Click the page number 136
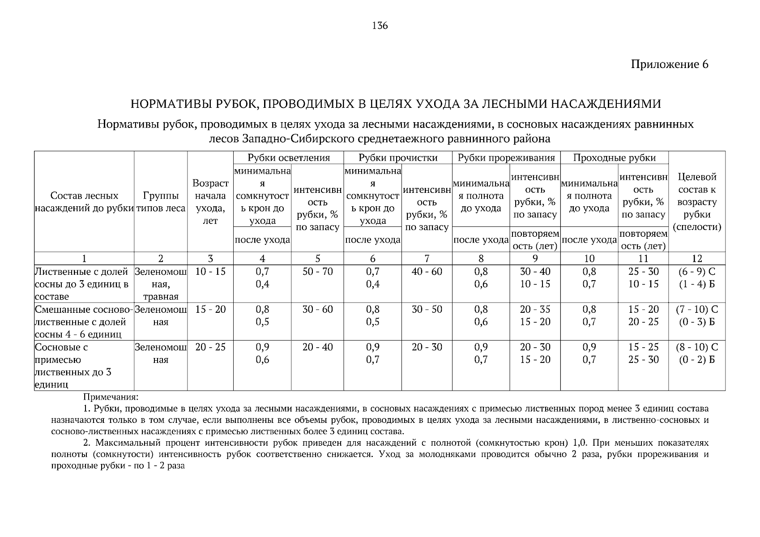pos(380,26)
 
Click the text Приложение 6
pos(669,64)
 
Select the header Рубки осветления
pos(288,158)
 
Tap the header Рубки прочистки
pos(398,158)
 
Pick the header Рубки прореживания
pos(506,158)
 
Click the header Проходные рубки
pos(614,158)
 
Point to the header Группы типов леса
pos(161,202)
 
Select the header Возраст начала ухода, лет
pos(210,202)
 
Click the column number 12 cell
pos(696,258)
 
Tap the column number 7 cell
pos(427,258)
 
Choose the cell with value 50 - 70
pos(317,272)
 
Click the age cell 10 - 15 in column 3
pos(210,272)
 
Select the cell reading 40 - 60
pos(427,272)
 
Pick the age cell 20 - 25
pos(210,347)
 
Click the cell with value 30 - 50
pos(427,309)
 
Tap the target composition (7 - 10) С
pos(696,309)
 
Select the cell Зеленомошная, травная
pos(161,284)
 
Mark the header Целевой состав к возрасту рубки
pos(696,202)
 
